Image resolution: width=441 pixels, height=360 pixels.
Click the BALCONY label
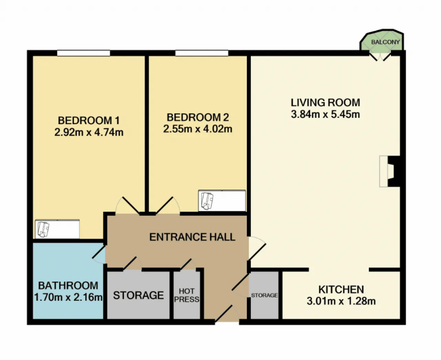[386, 42]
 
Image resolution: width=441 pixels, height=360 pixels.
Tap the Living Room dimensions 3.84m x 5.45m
[325, 114]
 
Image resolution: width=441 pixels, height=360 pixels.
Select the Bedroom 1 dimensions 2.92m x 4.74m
[89, 132]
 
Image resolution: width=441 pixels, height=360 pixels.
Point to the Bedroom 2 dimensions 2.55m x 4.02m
[198, 129]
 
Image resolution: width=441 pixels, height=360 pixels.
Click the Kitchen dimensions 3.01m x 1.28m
[341, 301]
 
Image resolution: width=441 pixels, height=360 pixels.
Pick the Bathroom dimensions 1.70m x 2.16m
[68, 297]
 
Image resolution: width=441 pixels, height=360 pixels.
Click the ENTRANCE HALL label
[192, 237]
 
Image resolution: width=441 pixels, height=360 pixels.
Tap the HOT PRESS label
[187, 295]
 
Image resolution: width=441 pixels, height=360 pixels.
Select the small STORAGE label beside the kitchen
[265, 295]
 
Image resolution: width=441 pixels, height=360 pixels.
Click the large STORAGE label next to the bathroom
[139, 295]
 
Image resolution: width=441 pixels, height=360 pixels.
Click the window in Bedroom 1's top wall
[84, 53]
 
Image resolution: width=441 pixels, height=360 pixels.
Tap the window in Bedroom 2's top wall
[202, 53]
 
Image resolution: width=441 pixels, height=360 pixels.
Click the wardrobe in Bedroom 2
[222, 201]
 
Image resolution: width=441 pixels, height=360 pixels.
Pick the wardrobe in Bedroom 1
[57, 229]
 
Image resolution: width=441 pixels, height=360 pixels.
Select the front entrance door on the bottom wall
[227, 314]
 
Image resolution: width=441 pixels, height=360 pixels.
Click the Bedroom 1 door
[127, 205]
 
